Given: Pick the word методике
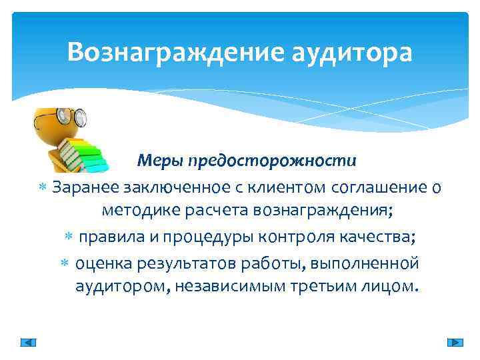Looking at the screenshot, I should point(141,211).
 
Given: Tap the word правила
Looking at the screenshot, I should point(111,237).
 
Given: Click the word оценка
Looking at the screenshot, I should point(106,263).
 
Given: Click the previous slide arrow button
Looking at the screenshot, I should point(28,342).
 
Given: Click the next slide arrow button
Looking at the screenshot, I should point(455,342).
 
